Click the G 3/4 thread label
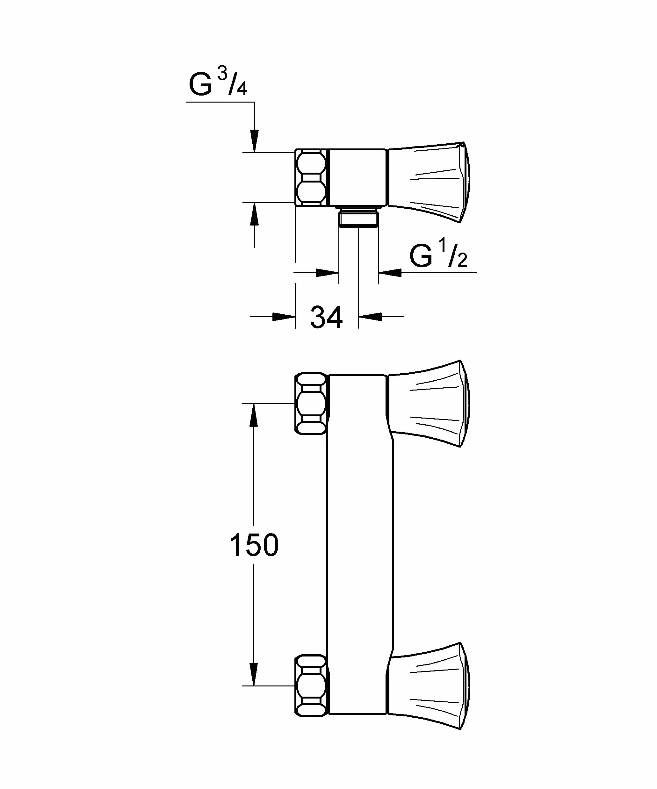click(x=218, y=83)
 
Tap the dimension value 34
click(x=326, y=318)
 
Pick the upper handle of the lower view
click(x=429, y=404)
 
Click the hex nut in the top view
click(x=311, y=177)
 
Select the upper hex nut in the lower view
click(x=311, y=404)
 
